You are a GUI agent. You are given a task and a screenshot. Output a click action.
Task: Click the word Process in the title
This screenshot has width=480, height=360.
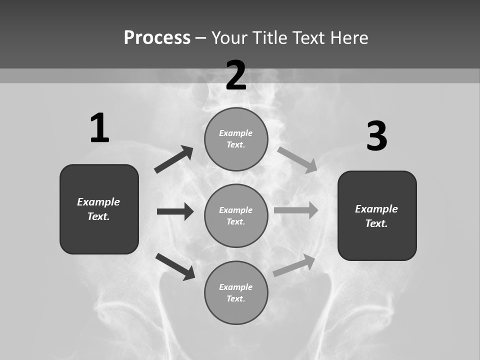(x=157, y=37)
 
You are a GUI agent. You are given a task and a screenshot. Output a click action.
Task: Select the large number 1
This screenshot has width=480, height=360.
(x=99, y=128)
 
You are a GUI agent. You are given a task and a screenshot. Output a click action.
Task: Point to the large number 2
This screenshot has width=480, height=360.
(x=236, y=75)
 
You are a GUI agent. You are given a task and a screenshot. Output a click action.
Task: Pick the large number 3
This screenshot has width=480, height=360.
(x=376, y=136)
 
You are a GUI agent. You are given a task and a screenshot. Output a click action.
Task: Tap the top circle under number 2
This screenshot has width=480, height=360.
(x=236, y=139)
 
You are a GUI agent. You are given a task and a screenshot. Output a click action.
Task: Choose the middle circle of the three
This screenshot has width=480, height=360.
(x=236, y=215)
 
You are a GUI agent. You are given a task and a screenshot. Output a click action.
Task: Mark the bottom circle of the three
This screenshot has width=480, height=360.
(x=236, y=292)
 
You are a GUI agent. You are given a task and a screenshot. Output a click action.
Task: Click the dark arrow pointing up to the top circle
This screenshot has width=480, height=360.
(x=174, y=159)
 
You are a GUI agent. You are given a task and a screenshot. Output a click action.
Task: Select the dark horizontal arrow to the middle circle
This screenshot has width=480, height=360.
(x=175, y=211)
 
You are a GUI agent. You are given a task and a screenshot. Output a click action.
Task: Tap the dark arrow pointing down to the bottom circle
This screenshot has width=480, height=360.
(x=175, y=266)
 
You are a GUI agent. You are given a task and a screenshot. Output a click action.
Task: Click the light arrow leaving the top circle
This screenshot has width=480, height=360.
(x=297, y=159)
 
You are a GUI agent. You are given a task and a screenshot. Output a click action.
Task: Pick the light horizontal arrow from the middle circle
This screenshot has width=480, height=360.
(x=296, y=210)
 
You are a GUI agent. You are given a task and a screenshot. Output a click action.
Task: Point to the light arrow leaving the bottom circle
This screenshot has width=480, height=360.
(x=294, y=265)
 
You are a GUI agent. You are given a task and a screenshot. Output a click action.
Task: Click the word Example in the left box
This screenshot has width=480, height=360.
(x=98, y=202)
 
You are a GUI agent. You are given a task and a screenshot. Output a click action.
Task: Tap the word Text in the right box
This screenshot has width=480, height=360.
(x=376, y=223)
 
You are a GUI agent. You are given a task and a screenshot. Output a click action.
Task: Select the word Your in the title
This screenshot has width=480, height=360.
(x=229, y=37)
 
